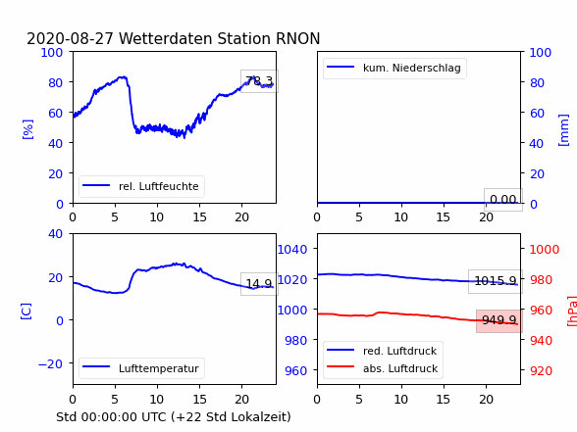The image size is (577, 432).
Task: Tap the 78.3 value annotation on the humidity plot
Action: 259,80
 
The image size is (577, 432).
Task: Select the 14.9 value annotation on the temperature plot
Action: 259,284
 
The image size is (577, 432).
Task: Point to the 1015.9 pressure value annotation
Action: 496,281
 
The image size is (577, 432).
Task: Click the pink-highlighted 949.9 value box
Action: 498,320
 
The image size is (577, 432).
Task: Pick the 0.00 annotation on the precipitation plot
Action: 503,200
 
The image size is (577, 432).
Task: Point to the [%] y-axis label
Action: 27,129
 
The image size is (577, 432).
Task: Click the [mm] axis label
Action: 563,130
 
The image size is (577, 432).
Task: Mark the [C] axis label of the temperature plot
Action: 26,312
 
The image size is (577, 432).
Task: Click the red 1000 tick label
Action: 544,250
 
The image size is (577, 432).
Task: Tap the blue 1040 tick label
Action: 292,250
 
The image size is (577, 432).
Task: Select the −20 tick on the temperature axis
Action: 50,363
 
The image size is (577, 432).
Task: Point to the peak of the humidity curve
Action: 124,76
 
